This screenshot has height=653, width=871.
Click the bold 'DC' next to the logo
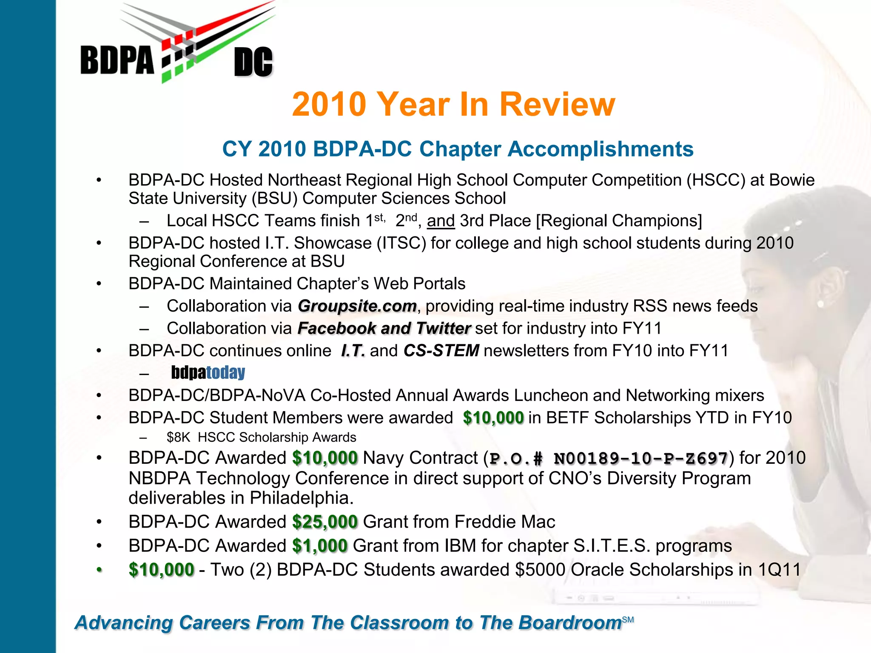pyautogui.click(x=253, y=62)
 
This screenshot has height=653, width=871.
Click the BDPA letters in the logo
pyautogui.click(x=117, y=60)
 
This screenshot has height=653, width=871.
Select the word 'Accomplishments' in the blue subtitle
pyautogui.click(x=601, y=149)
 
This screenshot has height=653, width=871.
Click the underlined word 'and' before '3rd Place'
pyautogui.click(x=441, y=221)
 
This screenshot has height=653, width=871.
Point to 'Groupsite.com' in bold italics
pyautogui.click(x=357, y=306)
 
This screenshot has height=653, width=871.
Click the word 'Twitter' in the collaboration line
pyautogui.click(x=443, y=329)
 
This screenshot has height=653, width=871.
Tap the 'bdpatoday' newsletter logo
pyautogui.click(x=208, y=373)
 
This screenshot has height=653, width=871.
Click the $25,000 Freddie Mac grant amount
pyautogui.click(x=325, y=522)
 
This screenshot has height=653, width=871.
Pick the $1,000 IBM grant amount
pyautogui.click(x=320, y=546)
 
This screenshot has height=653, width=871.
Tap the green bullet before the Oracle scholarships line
pyautogui.click(x=99, y=570)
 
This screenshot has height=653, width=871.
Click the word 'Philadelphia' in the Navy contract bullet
pyautogui.click(x=301, y=498)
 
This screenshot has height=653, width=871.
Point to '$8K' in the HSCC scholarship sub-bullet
pyautogui.click(x=178, y=437)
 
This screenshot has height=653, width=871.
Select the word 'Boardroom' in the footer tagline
pyautogui.click(x=570, y=623)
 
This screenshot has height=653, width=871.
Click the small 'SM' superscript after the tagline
pyautogui.click(x=628, y=620)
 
